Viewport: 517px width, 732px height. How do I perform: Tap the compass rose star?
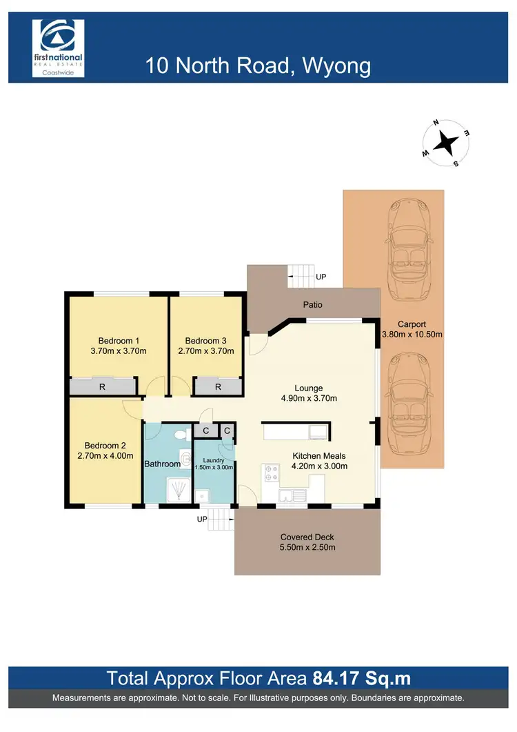pyautogui.click(x=447, y=144)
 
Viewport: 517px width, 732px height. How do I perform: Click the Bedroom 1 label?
pyautogui.click(x=119, y=341)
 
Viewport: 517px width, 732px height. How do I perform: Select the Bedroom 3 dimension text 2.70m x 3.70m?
pyautogui.click(x=205, y=351)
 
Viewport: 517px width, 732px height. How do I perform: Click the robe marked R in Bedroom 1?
pyautogui.click(x=102, y=387)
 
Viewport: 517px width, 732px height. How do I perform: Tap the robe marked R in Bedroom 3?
pyautogui.click(x=218, y=387)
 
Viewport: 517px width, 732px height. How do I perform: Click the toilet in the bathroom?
pyautogui.click(x=180, y=435)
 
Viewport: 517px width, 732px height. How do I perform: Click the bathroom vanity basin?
pyautogui.click(x=185, y=459)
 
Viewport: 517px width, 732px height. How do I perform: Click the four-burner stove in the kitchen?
pyautogui.click(x=270, y=473)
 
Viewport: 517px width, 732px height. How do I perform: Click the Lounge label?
pyautogui.click(x=307, y=388)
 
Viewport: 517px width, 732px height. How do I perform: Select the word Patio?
pyautogui.click(x=312, y=304)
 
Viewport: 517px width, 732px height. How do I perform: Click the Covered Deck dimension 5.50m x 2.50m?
pyautogui.click(x=307, y=548)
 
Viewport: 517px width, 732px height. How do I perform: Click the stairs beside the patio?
pyautogui.click(x=301, y=277)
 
